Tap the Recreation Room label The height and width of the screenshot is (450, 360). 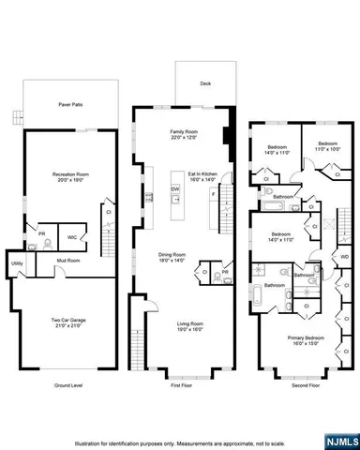pyautogui.click(x=69, y=175)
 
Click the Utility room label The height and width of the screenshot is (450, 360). pyautogui.click(x=17, y=263)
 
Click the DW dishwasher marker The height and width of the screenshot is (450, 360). pyautogui.click(x=175, y=189)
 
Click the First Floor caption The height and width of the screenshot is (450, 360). pyautogui.click(x=181, y=385)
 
